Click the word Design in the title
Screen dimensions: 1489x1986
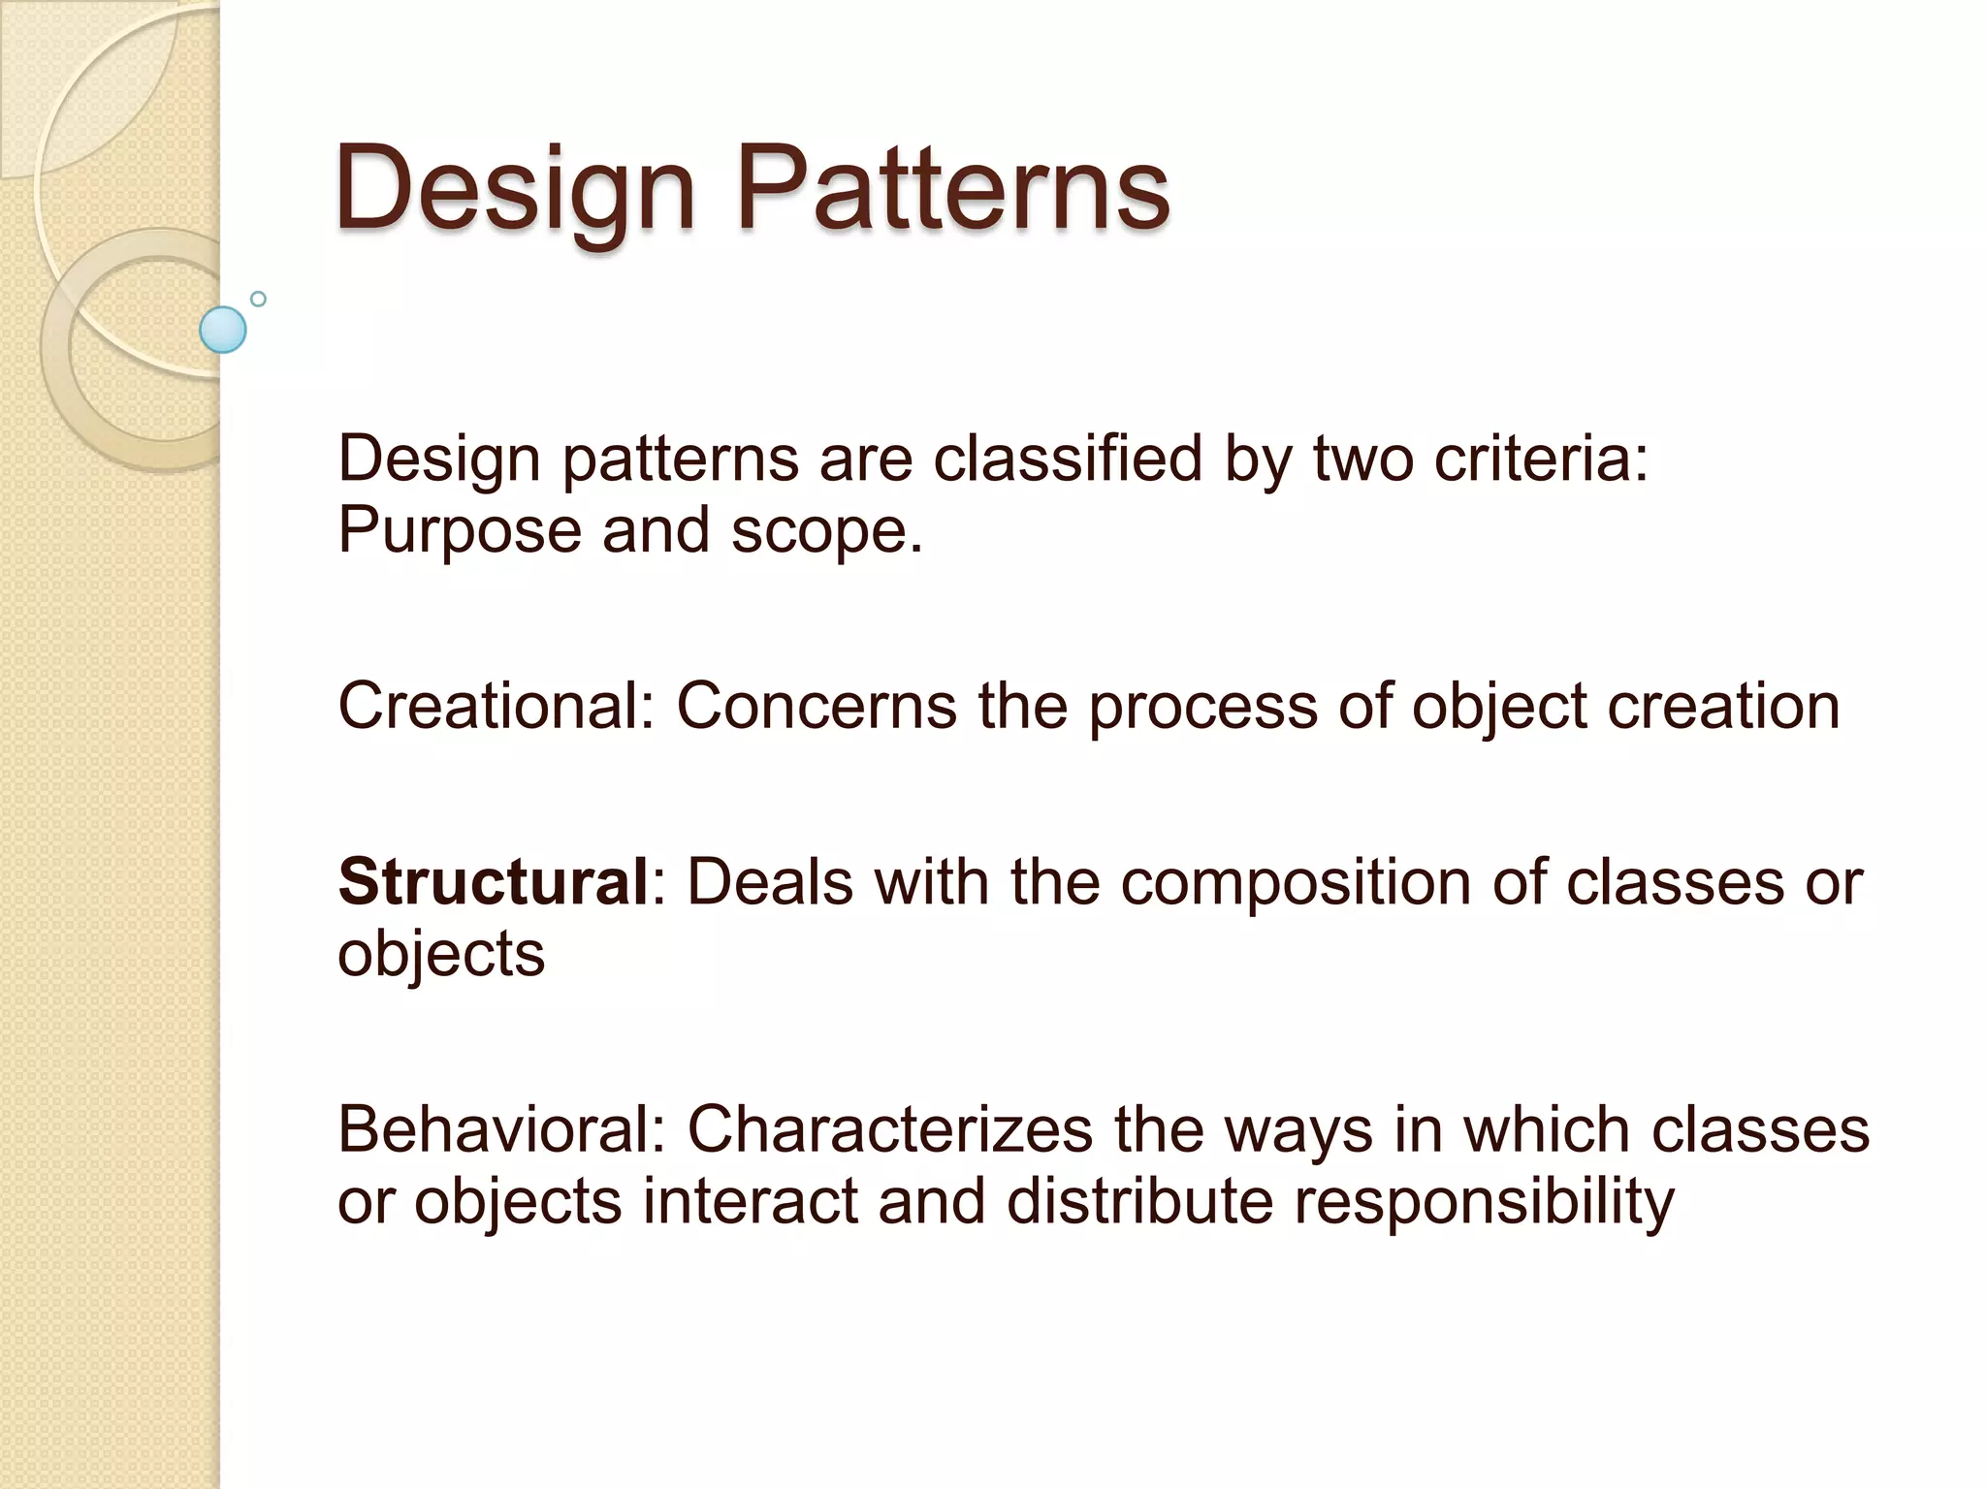515,189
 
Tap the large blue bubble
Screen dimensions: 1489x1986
223,330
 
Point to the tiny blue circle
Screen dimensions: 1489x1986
258,299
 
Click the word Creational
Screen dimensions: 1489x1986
496,706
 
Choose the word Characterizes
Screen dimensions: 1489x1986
889,1129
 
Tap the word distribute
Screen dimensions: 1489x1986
1139,1202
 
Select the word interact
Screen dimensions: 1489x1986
750,1202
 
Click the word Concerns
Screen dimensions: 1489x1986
816,706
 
